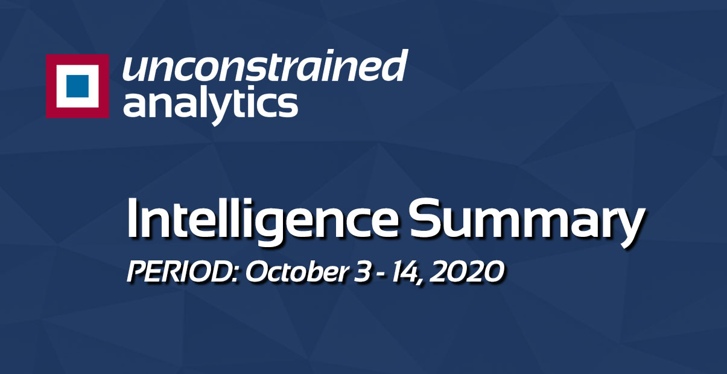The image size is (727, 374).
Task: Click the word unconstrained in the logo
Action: coord(264,66)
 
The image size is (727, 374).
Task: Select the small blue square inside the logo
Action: coord(77,86)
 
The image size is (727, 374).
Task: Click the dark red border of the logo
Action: coord(51,86)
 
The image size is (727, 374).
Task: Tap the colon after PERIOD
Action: coord(237,274)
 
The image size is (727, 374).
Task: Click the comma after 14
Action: coord(422,282)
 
